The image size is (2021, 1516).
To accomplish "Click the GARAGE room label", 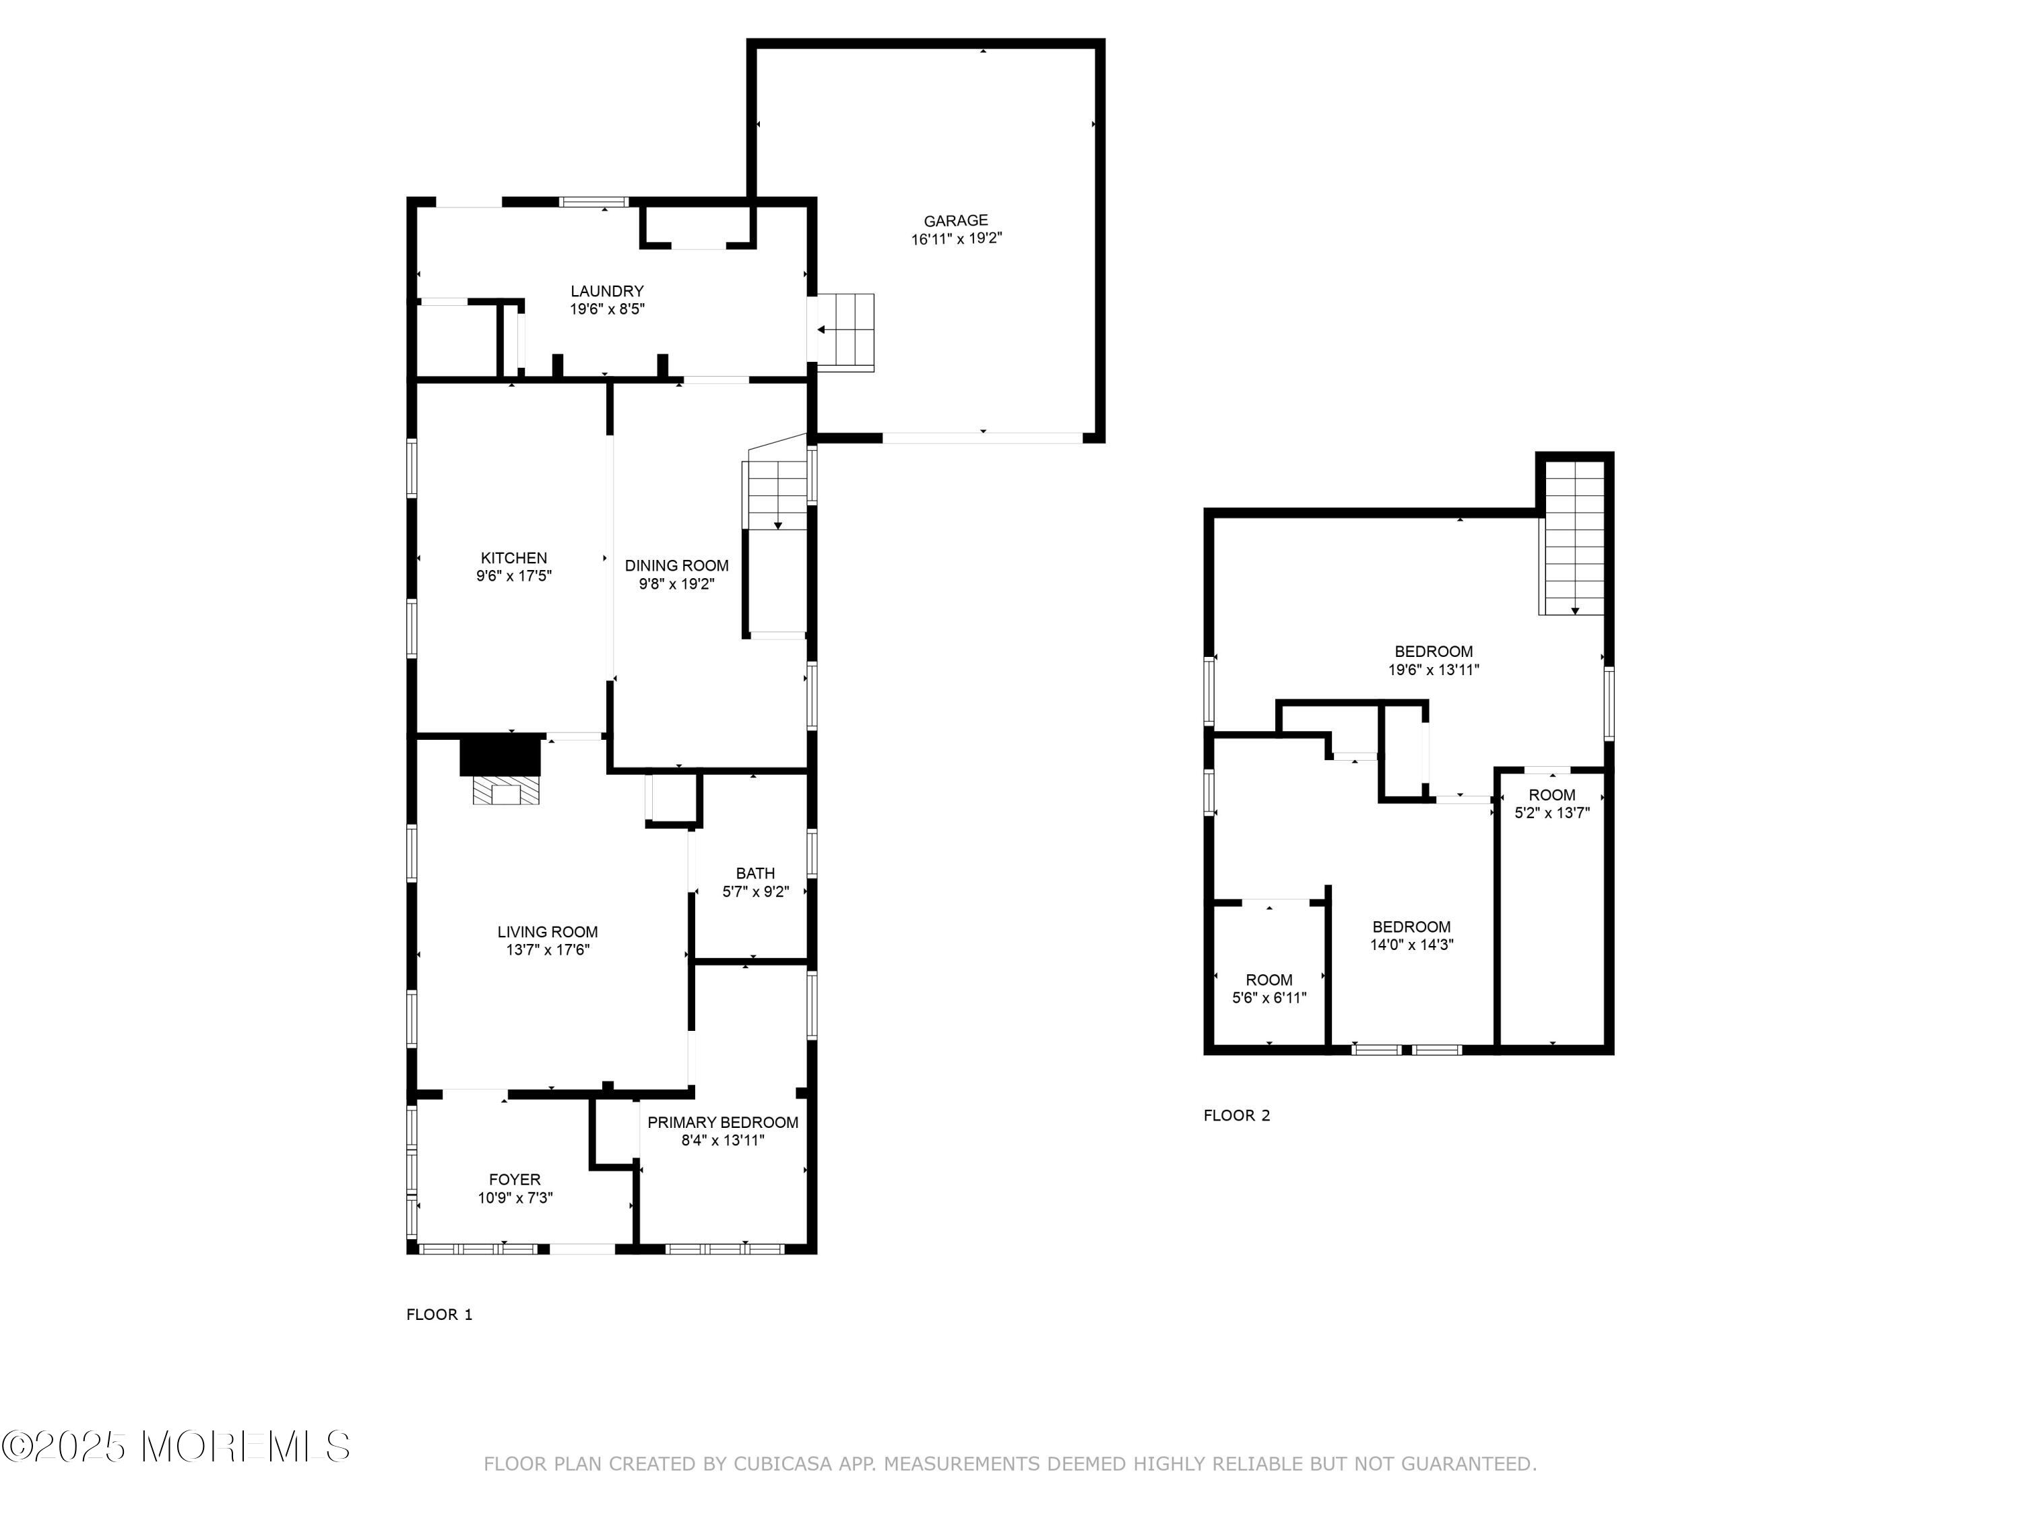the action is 956,220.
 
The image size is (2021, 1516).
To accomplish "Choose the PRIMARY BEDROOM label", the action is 723,1122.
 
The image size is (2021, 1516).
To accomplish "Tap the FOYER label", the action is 515,1180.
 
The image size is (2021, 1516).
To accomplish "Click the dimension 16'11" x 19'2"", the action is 956,239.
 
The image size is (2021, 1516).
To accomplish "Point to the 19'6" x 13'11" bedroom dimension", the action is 1434,670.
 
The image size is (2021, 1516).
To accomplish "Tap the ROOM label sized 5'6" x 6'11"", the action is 1269,980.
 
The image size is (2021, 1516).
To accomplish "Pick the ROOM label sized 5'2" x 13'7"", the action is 1551,795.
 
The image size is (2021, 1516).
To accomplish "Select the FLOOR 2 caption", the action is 1236,1115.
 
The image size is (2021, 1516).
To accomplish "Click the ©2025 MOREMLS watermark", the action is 175,1447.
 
